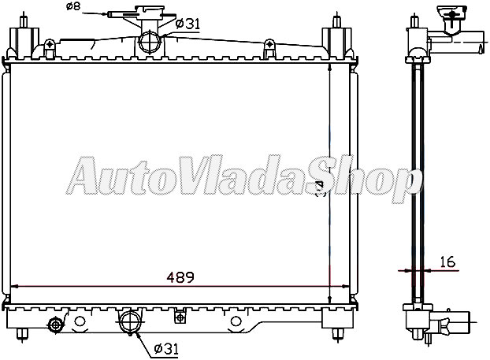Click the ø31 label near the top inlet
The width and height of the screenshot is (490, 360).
(x=186, y=24)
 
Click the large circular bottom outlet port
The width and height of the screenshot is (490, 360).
(x=129, y=322)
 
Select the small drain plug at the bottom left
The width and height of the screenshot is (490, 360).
(x=55, y=325)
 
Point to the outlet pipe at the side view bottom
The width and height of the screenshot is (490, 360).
(x=454, y=323)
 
